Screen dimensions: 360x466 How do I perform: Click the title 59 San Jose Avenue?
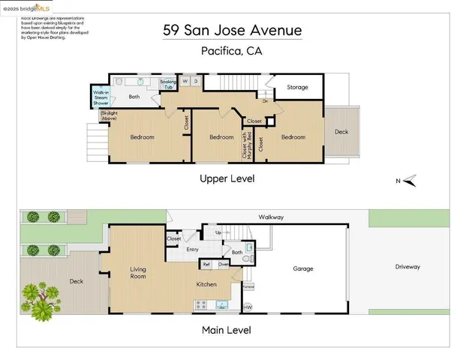(x=233, y=31)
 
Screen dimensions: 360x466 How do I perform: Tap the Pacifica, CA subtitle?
(x=233, y=51)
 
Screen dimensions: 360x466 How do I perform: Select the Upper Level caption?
(x=227, y=178)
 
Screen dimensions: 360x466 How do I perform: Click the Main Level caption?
(x=227, y=330)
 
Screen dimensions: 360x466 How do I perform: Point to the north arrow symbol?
(x=409, y=180)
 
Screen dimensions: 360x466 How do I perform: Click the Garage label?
(x=303, y=268)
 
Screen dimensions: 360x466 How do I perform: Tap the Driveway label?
(x=407, y=266)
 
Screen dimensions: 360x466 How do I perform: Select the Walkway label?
(x=272, y=217)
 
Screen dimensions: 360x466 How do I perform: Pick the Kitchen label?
(x=206, y=284)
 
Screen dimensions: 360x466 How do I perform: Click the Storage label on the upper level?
(x=297, y=88)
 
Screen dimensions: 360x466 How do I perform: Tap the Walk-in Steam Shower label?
(x=101, y=97)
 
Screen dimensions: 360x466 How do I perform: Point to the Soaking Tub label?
(x=168, y=84)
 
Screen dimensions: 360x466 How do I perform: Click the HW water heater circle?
(x=248, y=307)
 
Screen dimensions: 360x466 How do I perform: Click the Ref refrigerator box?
(x=206, y=264)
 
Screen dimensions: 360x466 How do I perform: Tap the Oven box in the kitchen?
(x=223, y=264)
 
